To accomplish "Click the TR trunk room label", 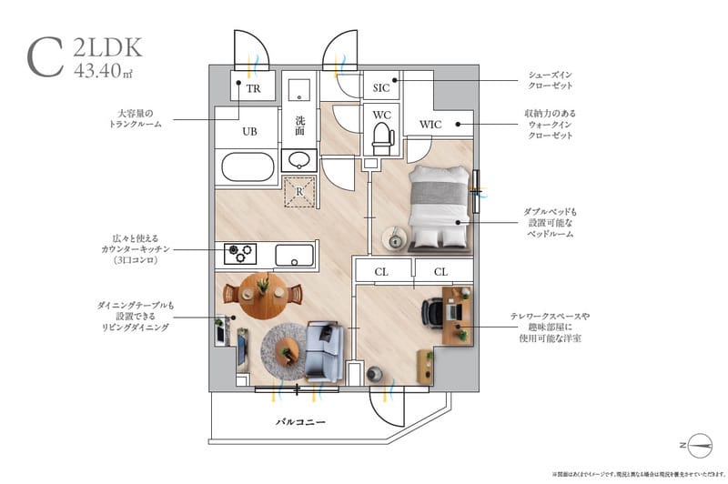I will (253, 88).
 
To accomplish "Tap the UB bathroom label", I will (249, 131).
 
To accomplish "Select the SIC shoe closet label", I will (381, 88).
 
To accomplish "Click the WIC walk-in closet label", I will (430, 124).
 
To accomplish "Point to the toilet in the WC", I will (381, 140).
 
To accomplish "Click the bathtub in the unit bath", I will (248, 168).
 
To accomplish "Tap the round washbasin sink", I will (298, 161).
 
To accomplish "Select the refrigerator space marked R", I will (299, 190).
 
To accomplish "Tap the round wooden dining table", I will (262, 294).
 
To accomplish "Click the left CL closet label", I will (381, 271).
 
